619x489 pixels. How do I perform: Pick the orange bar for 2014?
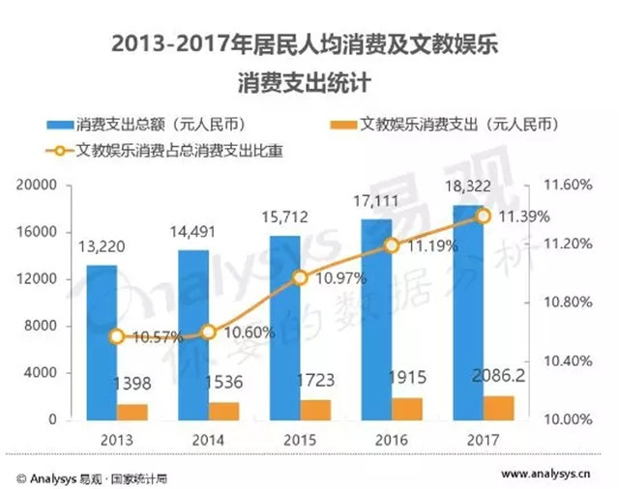[223, 411]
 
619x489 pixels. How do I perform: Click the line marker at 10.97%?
[300, 278]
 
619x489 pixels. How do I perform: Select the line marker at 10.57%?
[117, 336]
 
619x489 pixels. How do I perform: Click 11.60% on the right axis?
[559, 185]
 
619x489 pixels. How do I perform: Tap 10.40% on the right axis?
[559, 361]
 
